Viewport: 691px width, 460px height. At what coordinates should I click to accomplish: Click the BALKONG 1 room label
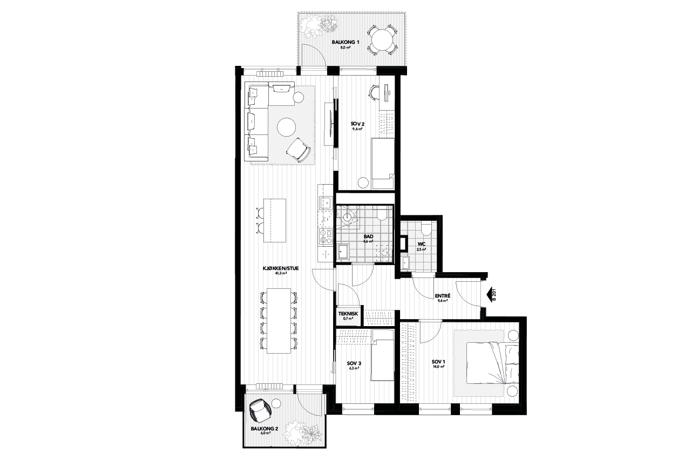point(345,42)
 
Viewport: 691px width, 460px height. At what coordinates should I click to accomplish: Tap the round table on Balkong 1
point(381,39)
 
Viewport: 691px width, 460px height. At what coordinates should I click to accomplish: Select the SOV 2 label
point(357,124)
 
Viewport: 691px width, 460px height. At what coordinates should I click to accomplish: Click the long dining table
point(279,321)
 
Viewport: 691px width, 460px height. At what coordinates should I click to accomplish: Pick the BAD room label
point(368,236)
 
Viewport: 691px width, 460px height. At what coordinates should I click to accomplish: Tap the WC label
point(421,244)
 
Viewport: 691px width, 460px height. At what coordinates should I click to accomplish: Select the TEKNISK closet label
point(348,314)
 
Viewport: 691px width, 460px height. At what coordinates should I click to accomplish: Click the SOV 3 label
point(354,363)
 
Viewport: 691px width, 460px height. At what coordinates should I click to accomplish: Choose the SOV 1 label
point(438,362)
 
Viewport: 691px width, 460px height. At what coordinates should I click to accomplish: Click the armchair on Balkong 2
point(260,410)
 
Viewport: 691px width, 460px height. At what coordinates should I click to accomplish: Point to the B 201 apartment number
point(494,295)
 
